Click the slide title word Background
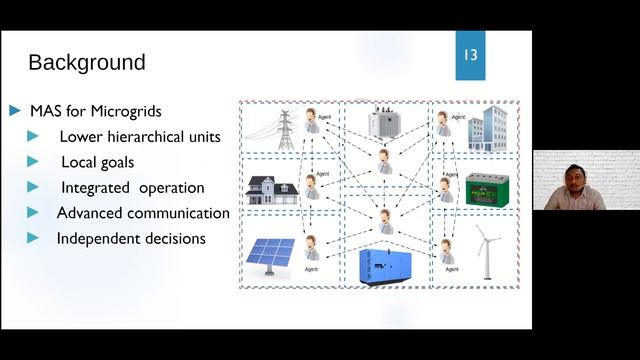tap(87, 62)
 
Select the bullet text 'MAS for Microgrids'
tap(96, 109)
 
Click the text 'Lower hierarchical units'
tap(140, 136)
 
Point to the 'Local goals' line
tap(97, 161)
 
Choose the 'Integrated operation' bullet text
tap(132, 187)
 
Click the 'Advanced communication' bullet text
tap(143, 213)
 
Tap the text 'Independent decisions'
tap(131, 239)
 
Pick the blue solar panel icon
tap(271, 256)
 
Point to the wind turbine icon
tap(486, 250)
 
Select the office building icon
tap(489, 131)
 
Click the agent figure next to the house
tap(313, 187)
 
